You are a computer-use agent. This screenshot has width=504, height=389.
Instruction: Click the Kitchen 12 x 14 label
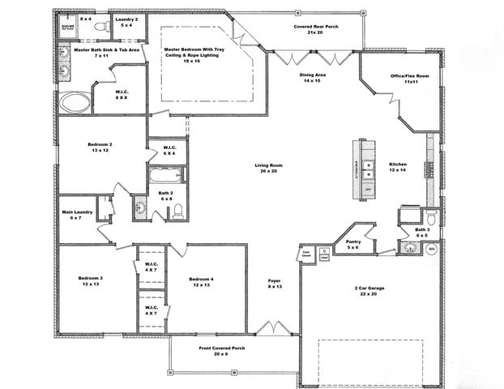(x=397, y=168)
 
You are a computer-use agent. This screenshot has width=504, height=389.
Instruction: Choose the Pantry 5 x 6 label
(x=352, y=244)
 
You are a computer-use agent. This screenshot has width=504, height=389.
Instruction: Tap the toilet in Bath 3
(x=431, y=218)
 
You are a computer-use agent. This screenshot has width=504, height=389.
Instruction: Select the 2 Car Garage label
(x=371, y=290)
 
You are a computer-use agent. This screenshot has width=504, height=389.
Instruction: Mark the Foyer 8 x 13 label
(x=275, y=284)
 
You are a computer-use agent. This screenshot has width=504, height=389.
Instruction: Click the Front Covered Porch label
(x=222, y=351)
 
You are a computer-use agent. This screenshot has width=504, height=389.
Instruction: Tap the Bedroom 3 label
(x=91, y=281)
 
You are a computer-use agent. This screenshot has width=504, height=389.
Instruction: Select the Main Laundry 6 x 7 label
(x=77, y=215)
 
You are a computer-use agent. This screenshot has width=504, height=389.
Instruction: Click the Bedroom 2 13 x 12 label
(x=100, y=148)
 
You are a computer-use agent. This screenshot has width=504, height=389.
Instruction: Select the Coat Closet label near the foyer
(x=307, y=254)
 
